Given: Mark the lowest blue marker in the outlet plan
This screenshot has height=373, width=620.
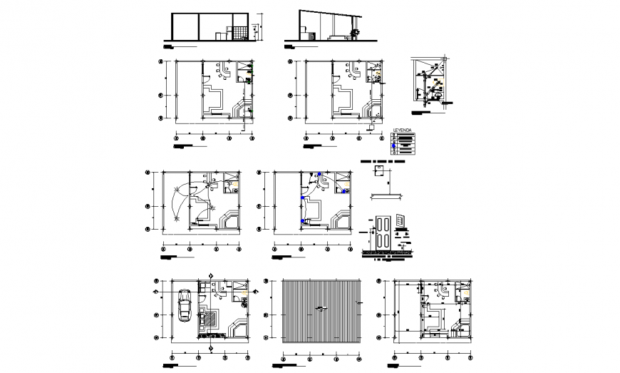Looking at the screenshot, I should (x=304, y=222).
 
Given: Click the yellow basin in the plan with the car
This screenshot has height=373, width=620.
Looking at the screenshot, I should (x=246, y=292).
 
